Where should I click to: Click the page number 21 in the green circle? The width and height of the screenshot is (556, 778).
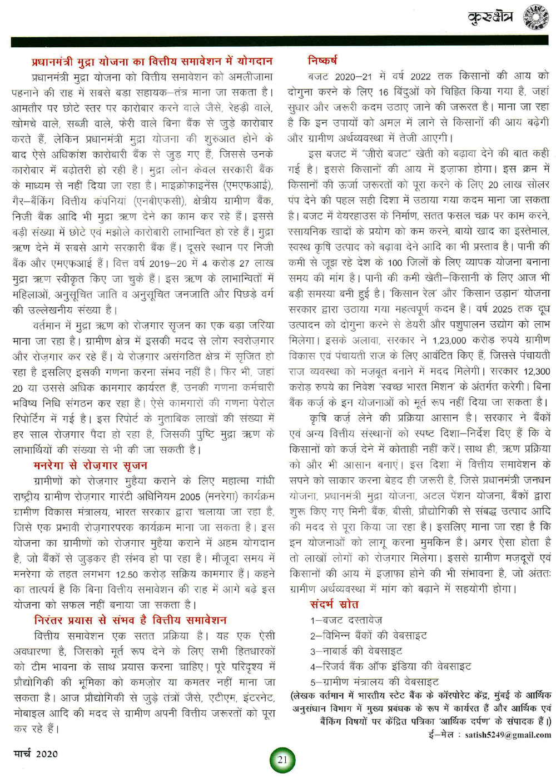(282, 760)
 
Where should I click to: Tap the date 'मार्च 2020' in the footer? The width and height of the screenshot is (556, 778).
(36, 754)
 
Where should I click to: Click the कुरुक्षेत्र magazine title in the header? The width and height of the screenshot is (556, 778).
(490, 18)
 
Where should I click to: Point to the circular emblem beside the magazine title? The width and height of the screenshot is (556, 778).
(536, 17)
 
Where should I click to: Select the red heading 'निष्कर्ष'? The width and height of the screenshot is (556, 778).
(322, 60)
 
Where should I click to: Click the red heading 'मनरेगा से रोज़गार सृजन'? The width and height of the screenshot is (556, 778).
(90, 465)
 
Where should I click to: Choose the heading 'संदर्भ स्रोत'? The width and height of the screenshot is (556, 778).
(334, 604)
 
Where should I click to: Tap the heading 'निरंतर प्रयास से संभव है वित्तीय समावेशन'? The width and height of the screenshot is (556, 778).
(130, 620)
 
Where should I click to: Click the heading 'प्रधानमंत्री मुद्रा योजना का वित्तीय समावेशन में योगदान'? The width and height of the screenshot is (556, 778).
(152, 61)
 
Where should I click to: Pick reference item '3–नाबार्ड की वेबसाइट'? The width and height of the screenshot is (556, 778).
(356, 651)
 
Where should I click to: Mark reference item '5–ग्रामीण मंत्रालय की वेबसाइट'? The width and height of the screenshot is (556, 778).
(374, 681)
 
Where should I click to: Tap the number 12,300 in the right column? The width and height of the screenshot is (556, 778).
(537, 371)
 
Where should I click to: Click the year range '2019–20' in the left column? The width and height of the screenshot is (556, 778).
(172, 263)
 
